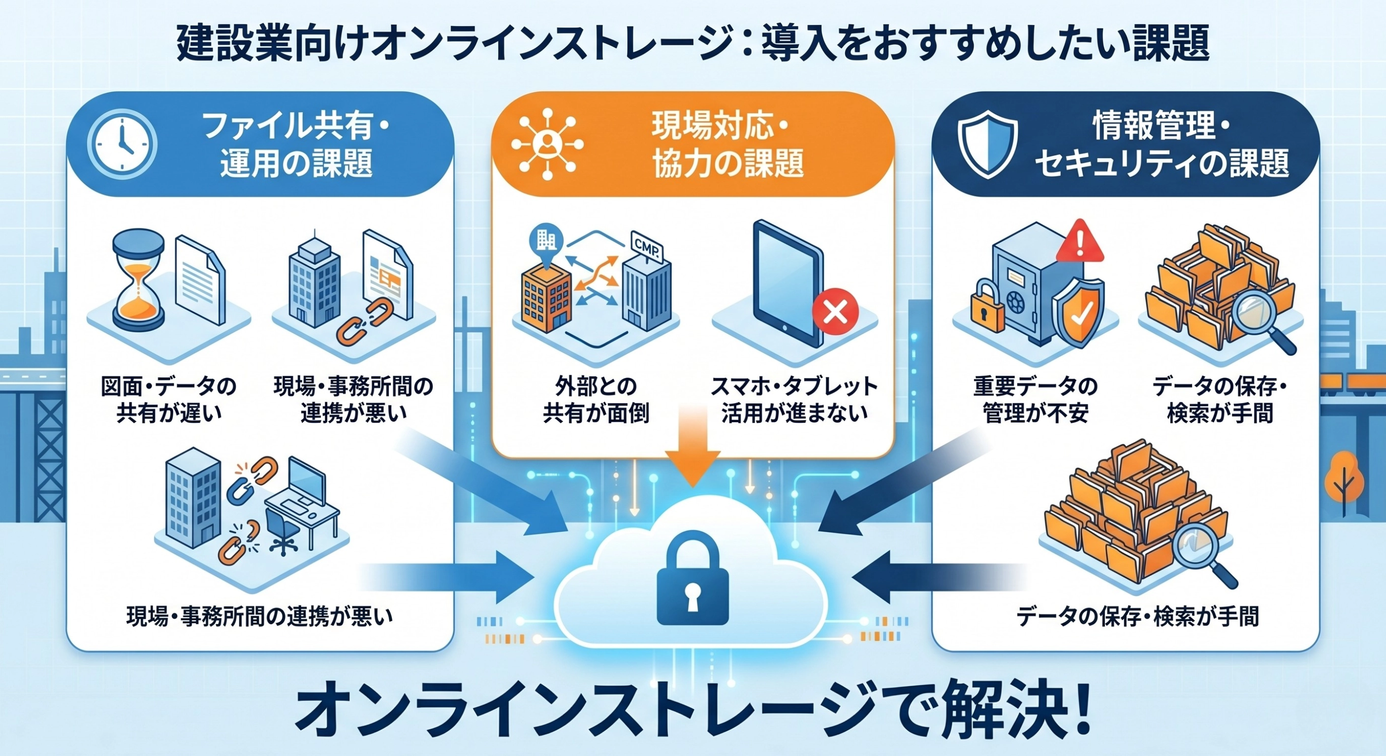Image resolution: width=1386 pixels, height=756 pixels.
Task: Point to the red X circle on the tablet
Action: [x=836, y=311]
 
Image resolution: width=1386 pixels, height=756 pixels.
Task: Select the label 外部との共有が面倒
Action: [x=596, y=400]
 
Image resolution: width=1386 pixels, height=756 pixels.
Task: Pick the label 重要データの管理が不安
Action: [x=1035, y=400]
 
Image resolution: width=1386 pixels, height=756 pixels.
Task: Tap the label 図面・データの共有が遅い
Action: [x=168, y=400]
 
